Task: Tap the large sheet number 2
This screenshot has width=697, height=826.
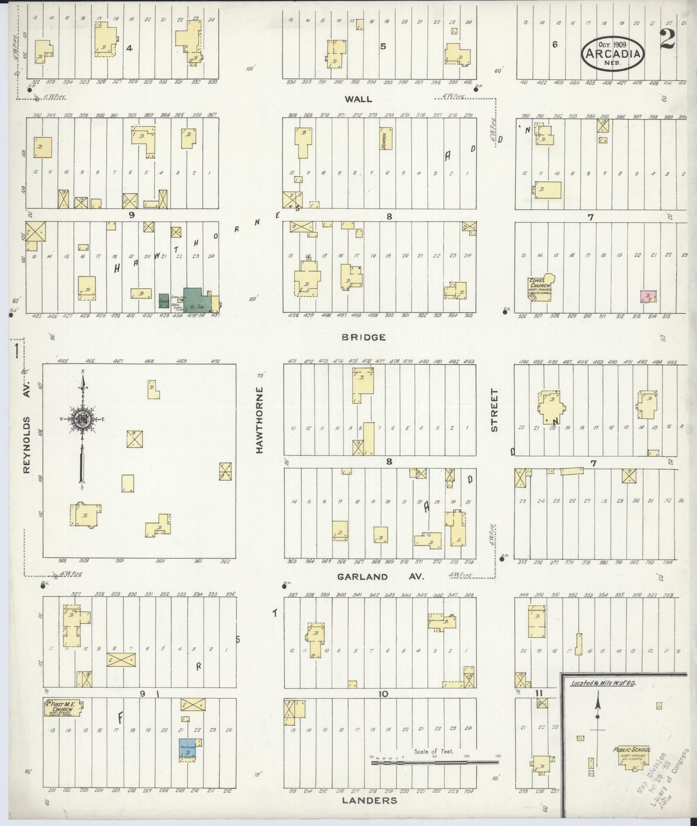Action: (x=667, y=40)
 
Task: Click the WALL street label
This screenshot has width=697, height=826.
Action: (x=358, y=99)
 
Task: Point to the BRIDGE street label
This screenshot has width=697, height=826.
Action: (x=363, y=337)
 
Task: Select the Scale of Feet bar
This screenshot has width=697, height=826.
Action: (x=435, y=762)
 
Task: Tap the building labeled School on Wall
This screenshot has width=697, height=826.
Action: (x=385, y=139)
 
